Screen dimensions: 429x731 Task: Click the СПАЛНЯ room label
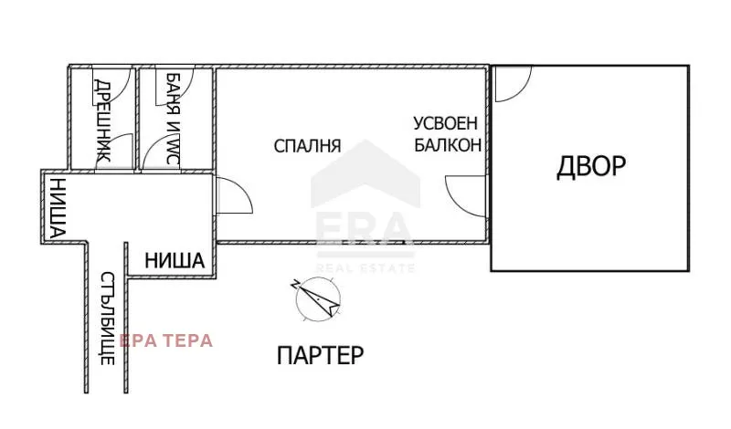(307, 145)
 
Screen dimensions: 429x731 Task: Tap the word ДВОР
(591, 166)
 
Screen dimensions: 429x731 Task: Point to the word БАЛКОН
(447, 143)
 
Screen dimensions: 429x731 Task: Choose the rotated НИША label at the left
(57, 209)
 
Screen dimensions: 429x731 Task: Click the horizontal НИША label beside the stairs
(174, 261)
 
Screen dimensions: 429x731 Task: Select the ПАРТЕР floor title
(319, 355)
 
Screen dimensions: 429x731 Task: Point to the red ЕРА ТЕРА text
(171, 340)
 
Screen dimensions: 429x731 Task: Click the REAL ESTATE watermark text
(365, 267)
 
